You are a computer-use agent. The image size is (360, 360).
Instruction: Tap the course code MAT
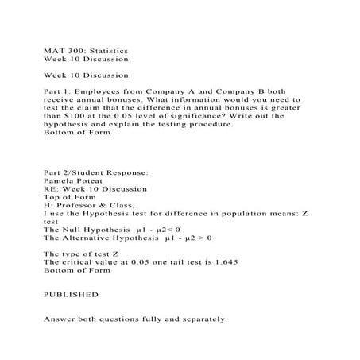[52, 48]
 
